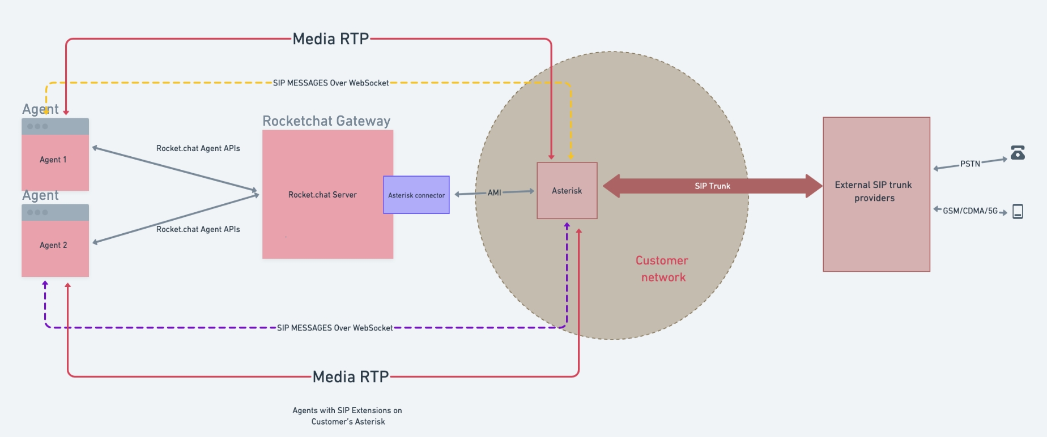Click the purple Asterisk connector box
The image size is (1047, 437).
[x=416, y=195]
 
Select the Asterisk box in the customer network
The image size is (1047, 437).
[x=567, y=191]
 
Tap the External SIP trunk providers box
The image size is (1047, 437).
[x=876, y=194]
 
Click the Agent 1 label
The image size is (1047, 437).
[x=53, y=160]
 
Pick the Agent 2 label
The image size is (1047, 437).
[x=53, y=245]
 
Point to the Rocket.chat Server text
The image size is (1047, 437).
[x=322, y=195]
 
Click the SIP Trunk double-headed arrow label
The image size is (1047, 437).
[x=712, y=186]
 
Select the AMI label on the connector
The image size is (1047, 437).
[x=494, y=192]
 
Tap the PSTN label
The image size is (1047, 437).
[x=970, y=164]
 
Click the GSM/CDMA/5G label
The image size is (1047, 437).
[x=970, y=211]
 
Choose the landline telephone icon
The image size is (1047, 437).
[x=1018, y=152]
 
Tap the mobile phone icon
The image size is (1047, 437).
[x=1018, y=211]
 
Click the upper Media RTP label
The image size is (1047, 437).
[x=331, y=39]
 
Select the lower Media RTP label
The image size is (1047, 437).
[x=351, y=377]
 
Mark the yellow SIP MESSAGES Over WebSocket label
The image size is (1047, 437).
[x=331, y=83]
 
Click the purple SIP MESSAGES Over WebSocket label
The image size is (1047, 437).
[x=335, y=328]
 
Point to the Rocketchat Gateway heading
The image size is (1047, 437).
[x=326, y=121]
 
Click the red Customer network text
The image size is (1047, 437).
[x=662, y=269]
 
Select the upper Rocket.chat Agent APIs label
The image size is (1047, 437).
[x=198, y=148]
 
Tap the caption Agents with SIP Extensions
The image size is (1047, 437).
[x=347, y=416]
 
